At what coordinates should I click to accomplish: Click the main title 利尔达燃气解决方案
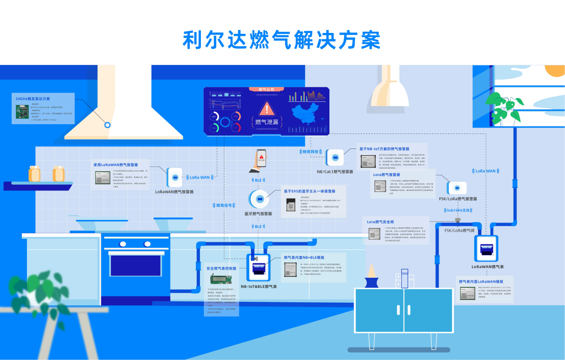[281, 40]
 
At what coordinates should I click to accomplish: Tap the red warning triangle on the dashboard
[266, 109]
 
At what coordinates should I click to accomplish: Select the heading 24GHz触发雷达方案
[33, 98]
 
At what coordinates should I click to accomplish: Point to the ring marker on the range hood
[108, 125]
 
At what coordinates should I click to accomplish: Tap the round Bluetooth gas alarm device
[259, 199]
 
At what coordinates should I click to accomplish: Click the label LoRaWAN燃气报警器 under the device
[174, 192]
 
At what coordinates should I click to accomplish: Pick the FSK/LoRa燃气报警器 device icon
[457, 188]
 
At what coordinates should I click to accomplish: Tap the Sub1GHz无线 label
[458, 210]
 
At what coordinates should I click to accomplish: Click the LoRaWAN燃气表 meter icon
[486, 248]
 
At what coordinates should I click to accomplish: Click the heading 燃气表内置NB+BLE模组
[304, 258]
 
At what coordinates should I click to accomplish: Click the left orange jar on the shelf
[34, 173]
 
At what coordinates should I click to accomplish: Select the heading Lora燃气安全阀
[380, 222]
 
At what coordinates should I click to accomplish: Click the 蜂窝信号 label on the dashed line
[224, 205]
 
